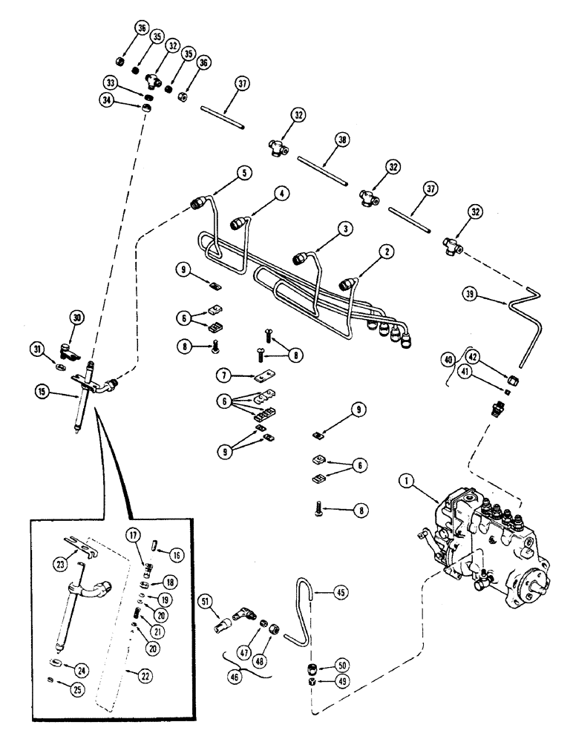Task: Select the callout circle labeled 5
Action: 243,172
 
